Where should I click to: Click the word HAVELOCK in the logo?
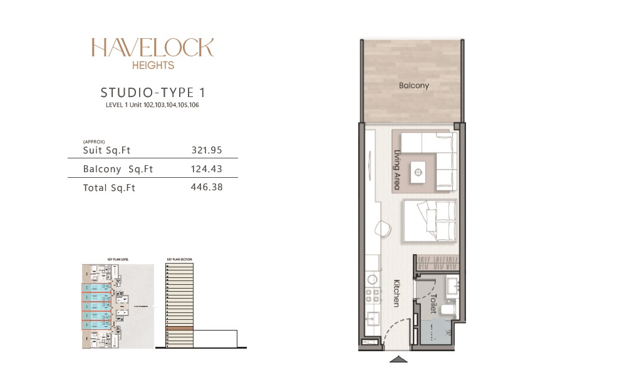(x=152, y=48)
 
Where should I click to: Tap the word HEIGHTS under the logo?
(x=153, y=64)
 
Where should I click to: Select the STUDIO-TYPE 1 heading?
(x=153, y=93)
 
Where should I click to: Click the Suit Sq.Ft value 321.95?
(x=207, y=151)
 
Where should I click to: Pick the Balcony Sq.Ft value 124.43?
(x=207, y=169)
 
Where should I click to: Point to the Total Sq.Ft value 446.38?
(x=207, y=187)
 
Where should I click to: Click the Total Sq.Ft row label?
(x=109, y=187)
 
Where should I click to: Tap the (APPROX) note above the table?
(x=93, y=142)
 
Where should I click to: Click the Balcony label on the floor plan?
(x=414, y=86)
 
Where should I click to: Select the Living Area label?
(x=396, y=165)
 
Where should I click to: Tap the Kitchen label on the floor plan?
(x=396, y=292)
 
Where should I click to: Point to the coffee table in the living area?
(x=418, y=169)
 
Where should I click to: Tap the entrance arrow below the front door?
(x=398, y=359)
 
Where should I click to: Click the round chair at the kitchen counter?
(x=380, y=229)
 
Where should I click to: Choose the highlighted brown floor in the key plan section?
(x=179, y=328)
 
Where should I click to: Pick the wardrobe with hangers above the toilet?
(x=438, y=263)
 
